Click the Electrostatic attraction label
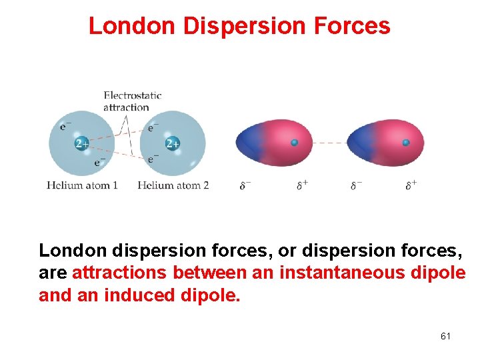[132, 101]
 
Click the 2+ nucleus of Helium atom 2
[172, 144]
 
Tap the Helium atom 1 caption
[82, 185]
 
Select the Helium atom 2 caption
[173, 185]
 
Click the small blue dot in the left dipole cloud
[294, 143]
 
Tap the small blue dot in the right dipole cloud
[405, 143]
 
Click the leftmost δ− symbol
[245, 185]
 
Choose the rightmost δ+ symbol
[411, 185]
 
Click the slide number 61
[445, 336]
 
